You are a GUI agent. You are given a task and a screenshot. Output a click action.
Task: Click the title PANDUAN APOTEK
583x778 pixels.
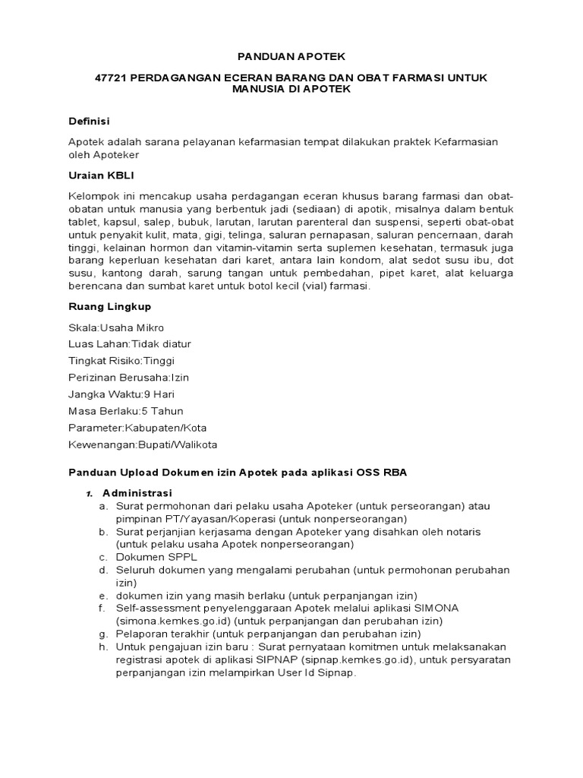point(291,57)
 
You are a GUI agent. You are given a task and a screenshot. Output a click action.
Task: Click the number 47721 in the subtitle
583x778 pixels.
point(111,78)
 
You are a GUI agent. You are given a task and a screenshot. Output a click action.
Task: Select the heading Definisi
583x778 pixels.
point(90,121)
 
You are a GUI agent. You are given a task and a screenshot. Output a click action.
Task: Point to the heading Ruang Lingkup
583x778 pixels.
point(109,306)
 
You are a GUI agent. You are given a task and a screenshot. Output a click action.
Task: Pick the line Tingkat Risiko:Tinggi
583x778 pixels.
point(121,361)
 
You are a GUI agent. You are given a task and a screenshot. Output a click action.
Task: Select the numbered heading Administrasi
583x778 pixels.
point(137,492)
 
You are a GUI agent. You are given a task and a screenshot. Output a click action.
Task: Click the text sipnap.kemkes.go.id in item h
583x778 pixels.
point(360,659)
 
